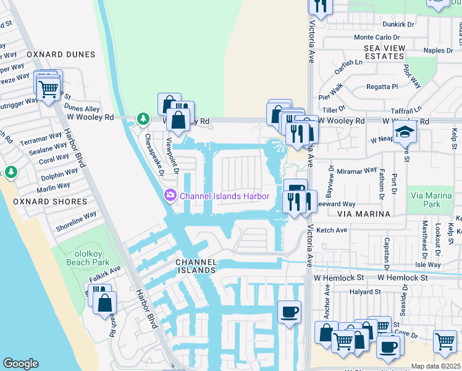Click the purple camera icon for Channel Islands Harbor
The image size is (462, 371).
click(x=169, y=196)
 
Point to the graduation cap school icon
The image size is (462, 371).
click(x=405, y=132)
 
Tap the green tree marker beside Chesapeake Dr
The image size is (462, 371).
click(x=143, y=117)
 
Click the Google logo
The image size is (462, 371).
click(x=20, y=364)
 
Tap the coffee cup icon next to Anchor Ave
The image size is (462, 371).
click(x=288, y=311)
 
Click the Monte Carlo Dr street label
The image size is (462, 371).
click(x=372, y=37)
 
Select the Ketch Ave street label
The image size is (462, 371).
click(x=332, y=230)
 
